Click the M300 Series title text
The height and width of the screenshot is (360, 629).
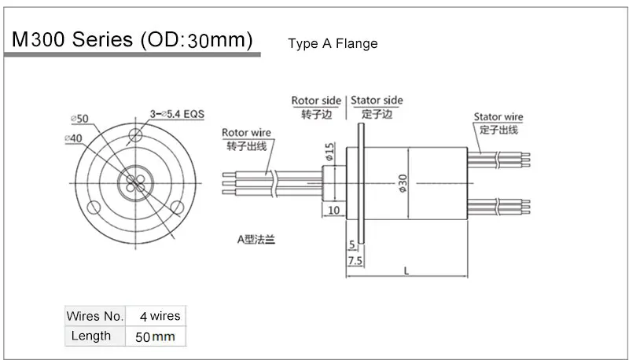(130, 41)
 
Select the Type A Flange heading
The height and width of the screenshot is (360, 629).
(333, 43)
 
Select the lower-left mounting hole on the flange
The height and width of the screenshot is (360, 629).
(94, 208)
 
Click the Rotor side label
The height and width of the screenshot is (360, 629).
(317, 101)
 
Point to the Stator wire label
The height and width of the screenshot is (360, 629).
(498, 117)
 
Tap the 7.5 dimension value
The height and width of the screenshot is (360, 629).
(355, 259)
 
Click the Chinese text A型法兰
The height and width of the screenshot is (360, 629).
(256, 238)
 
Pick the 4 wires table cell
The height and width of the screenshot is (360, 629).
(160, 316)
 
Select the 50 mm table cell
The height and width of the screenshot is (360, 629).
(156, 336)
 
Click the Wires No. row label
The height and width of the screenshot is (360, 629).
(95, 316)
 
